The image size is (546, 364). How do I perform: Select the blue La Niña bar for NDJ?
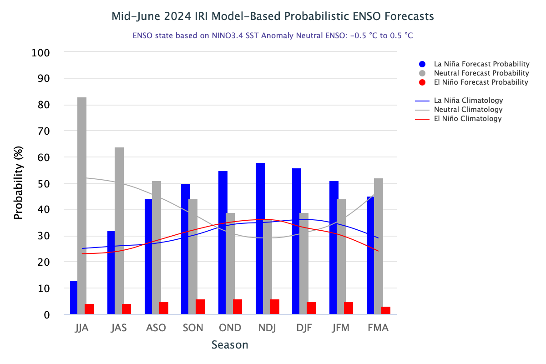click(x=260, y=238)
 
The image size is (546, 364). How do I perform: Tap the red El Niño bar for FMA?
click(x=386, y=310)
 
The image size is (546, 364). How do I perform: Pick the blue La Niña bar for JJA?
click(x=74, y=298)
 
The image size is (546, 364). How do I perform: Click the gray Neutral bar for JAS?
click(x=119, y=231)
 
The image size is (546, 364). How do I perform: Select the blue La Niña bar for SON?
click(x=186, y=249)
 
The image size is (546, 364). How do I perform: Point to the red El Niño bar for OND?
click(x=238, y=307)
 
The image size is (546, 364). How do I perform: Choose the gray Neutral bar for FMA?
click(x=379, y=246)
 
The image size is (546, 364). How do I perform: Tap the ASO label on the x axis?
click(x=156, y=328)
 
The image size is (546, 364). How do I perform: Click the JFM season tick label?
click(x=341, y=328)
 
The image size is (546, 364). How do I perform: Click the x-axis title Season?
click(x=230, y=345)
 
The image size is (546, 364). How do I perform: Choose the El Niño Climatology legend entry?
click(x=468, y=118)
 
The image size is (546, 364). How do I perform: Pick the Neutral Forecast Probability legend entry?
click(x=481, y=73)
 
